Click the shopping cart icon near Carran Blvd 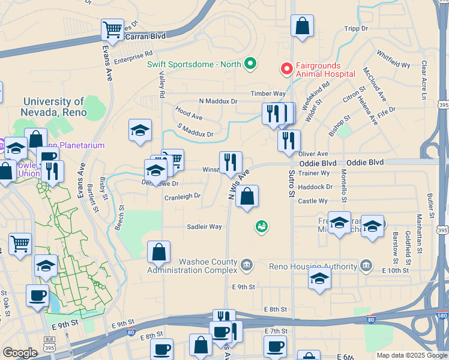click(112, 29)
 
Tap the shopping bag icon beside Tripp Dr click(302, 26)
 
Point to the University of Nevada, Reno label click(54, 107)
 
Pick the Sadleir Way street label click(204, 227)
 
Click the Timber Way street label click(268, 94)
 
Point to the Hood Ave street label click(188, 112)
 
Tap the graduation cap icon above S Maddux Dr click(140, 130)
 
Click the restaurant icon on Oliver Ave click(289, 141)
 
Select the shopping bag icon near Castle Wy click(247, 196)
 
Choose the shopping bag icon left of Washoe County click(158, 252)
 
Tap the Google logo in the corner click(20, 353)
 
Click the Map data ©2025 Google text click(411, 355)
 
